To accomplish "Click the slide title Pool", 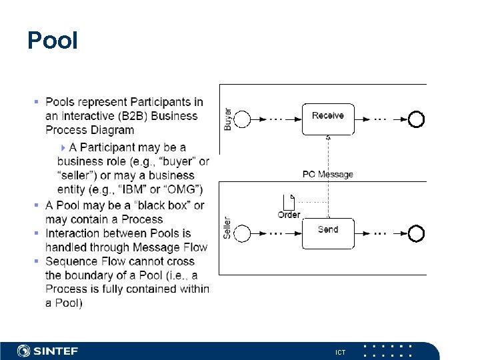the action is click(x=53, y=41).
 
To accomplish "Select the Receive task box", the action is click(x=328, y=118).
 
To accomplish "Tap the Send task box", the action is click(x=328, y=233).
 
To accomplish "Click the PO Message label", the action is click(x=328, y=175).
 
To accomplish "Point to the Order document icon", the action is click(x=289, y=200).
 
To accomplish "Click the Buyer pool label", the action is click(x=228, y=119).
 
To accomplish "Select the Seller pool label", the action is click(x=228, y=229).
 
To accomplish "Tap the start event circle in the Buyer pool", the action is click(x=243, y=119).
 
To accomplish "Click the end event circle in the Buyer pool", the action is click(x=417, y=119).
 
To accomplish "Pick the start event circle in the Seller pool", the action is click(x=243, y=234).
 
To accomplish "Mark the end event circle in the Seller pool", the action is click(x=417, y=234).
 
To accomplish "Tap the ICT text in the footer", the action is click(x=340, y=352).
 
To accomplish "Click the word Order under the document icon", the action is click(x=289, y=215).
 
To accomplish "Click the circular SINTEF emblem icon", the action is click(x=24, y=351).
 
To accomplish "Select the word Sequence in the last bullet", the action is click(x=71, y=261).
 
